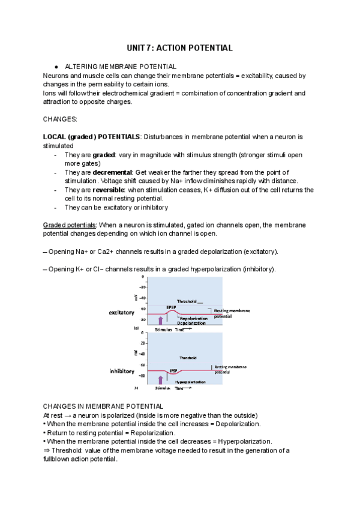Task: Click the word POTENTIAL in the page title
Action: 209,47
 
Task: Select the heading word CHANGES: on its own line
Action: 61,119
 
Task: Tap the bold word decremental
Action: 111,173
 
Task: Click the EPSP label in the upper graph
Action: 171,307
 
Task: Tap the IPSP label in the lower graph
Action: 173,370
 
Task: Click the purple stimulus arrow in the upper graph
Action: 160,321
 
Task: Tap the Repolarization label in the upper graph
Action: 194,318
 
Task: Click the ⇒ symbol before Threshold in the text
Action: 46,450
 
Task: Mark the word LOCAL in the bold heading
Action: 56,137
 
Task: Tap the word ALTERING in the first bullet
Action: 81,67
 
